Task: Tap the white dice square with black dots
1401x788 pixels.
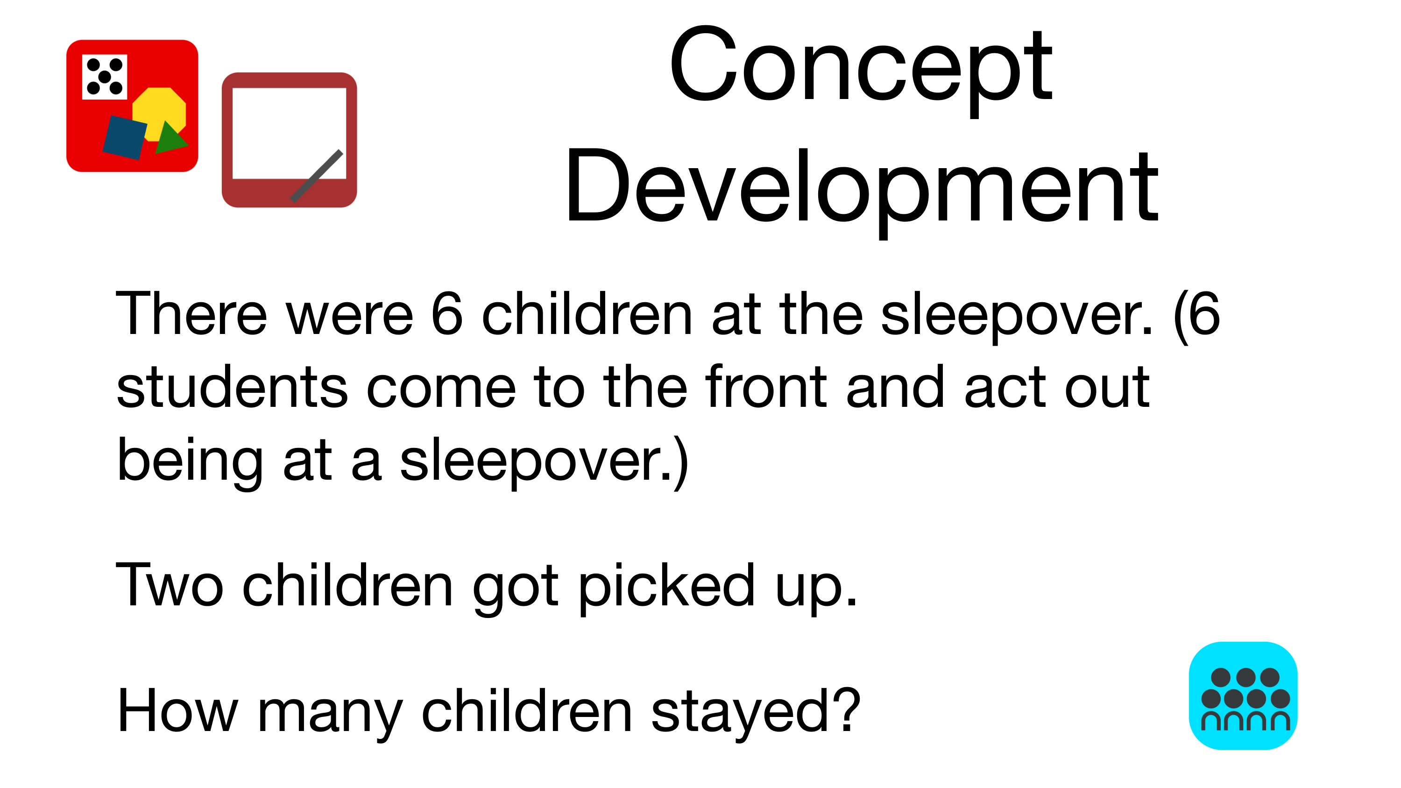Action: click(x=105, y=77)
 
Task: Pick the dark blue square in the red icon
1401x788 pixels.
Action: click(x=125, y=137)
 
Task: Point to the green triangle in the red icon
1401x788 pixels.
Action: click(x=170, y=138)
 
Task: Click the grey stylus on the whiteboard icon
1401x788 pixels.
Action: click(x=317, y=176)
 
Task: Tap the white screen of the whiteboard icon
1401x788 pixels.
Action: click(x=290, y=133)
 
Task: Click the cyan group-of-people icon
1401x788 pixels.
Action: click(x=1243, y=696)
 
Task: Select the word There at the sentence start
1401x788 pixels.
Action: click(x=191, y=314)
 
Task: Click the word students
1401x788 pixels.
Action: click(x=232, y=387)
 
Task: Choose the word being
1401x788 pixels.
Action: click(x=190, y=462)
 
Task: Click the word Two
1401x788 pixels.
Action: click(x=170, y=586)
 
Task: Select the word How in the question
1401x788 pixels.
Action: click(x=178, y=711)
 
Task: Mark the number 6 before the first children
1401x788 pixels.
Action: click(x=447, y=313)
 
